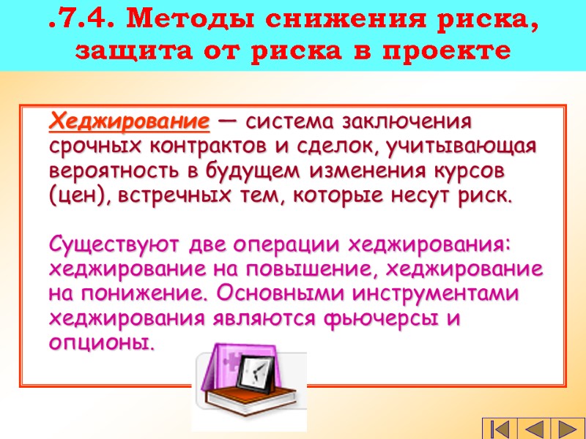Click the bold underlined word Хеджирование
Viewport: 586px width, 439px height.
130,120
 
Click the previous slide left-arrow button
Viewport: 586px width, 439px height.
535,428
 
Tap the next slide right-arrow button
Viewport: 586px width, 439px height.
567,428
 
